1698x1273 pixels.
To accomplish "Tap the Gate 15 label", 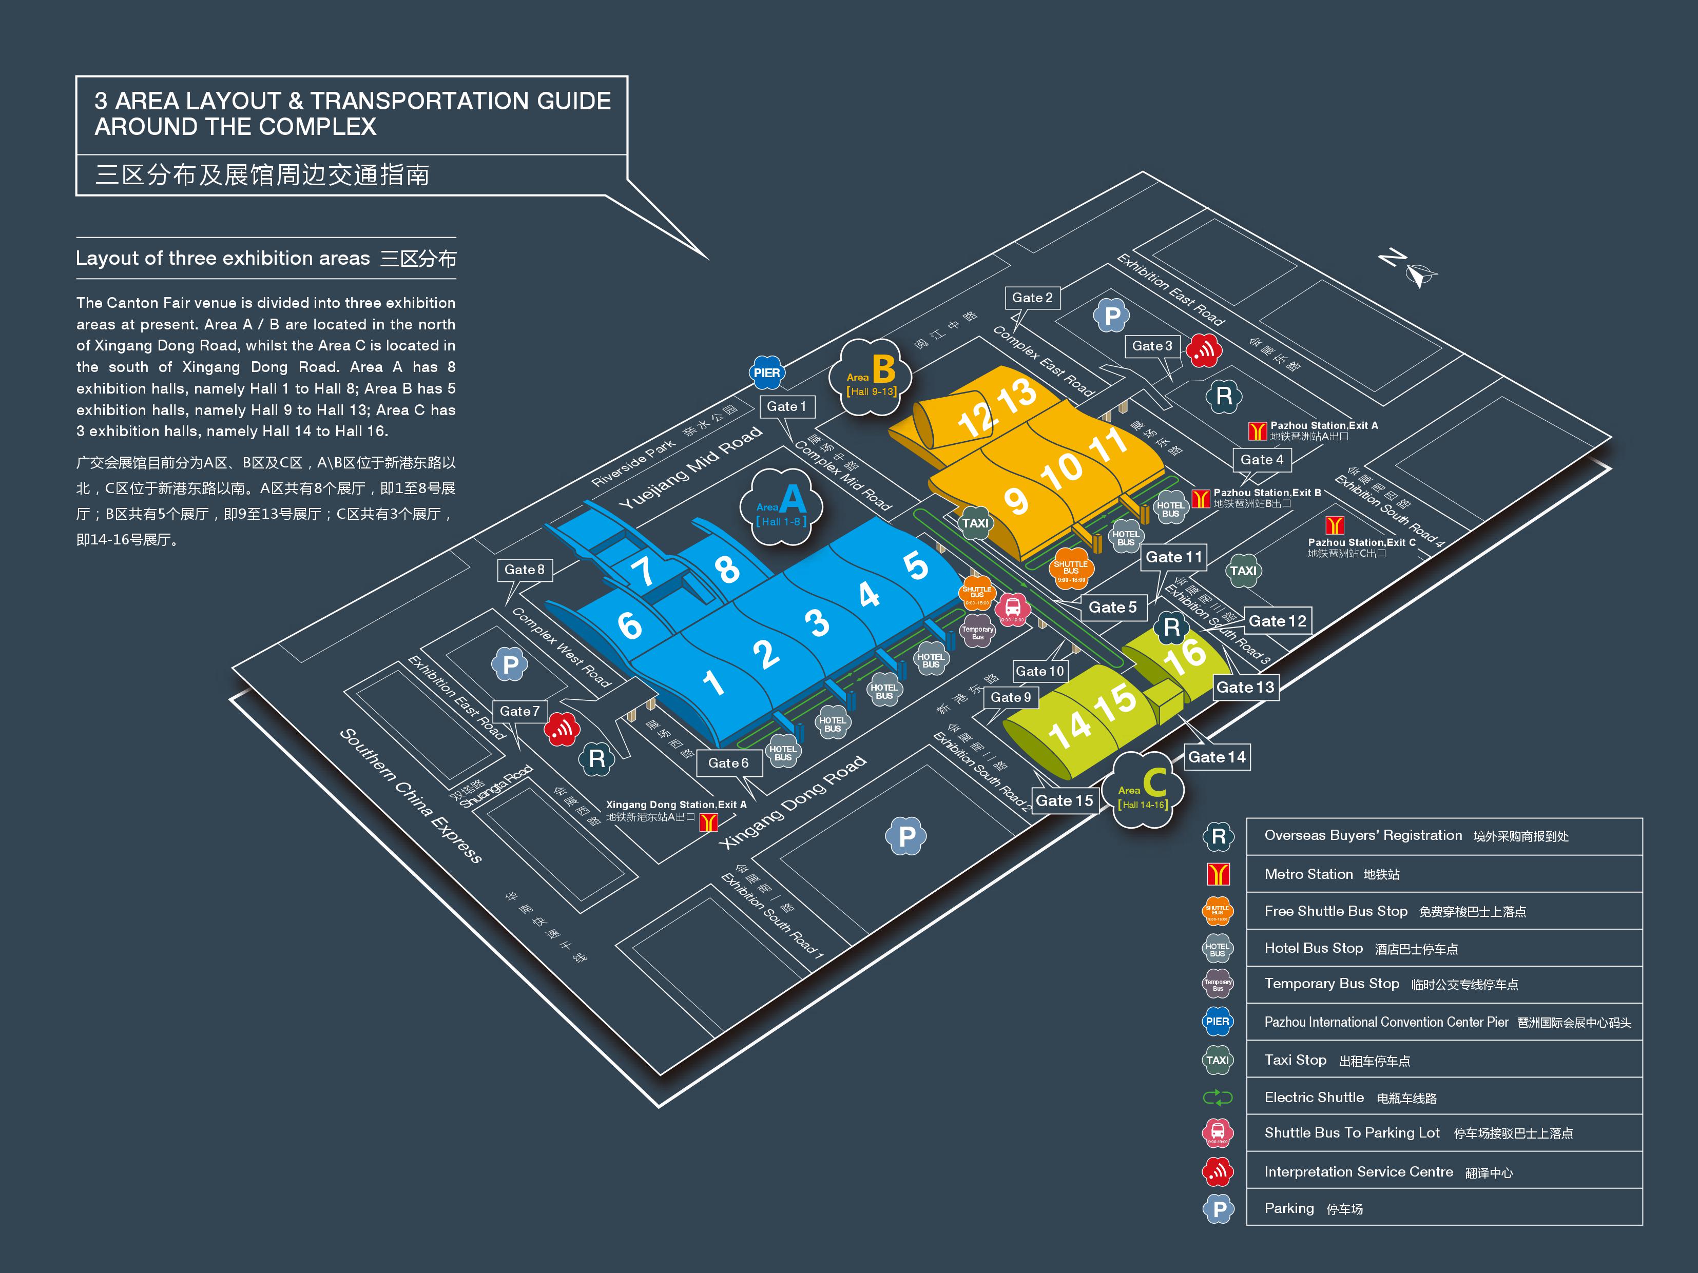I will point(1064,801).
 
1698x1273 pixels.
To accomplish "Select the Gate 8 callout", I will point(524,570).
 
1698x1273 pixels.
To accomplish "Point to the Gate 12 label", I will point(1277,621).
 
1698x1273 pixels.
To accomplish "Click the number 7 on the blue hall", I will point(642,570).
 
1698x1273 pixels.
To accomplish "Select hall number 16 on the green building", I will point(1185,654).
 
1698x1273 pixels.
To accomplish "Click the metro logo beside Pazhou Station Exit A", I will point(1257,430).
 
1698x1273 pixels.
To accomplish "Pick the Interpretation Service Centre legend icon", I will point(1218,1171).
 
